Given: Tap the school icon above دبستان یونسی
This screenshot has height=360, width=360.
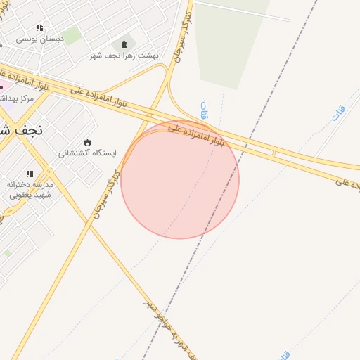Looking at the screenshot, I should (x=39, y=28).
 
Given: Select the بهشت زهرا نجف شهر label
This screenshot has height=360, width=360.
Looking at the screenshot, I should (x=124, y=55).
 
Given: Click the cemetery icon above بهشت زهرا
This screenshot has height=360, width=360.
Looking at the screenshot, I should (x=124, y=45).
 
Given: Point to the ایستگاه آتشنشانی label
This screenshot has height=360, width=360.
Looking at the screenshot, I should (x=87, y=153).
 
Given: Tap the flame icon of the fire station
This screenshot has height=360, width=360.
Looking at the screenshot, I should (x=87, y=143).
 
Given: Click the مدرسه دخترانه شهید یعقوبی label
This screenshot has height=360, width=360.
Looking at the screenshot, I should (x=30, y=189).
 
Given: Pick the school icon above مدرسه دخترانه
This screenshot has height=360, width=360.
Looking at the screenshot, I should (x=30, y=174).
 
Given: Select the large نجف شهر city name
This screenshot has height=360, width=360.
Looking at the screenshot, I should (x=21, y=130).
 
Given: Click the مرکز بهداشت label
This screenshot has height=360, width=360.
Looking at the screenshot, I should (x=18, y=98).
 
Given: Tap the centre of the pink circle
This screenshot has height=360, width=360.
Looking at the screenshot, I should (x=180, y=180).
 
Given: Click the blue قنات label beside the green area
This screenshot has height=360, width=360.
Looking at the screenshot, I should (x=205, y=110).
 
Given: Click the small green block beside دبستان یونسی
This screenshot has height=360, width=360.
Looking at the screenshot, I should (x=73, y=35).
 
